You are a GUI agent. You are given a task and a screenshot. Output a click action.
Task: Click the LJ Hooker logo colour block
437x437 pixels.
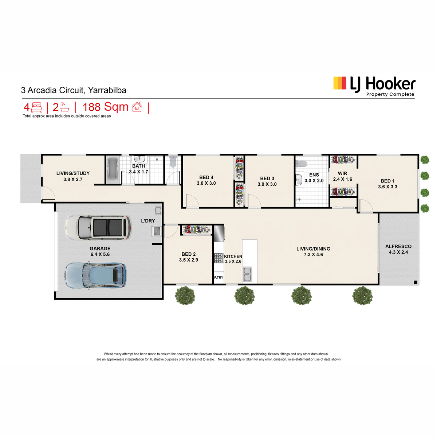click(339, 83)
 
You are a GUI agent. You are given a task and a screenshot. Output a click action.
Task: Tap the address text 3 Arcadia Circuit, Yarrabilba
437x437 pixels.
click(74, 90)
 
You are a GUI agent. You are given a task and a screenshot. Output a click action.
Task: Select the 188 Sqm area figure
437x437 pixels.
click(106, 107)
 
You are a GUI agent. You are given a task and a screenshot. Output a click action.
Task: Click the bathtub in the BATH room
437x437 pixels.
click(113, 170)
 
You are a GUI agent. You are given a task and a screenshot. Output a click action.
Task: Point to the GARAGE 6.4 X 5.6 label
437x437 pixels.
click(100, 252)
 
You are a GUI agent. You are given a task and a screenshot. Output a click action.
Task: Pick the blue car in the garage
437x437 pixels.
click(95, 275)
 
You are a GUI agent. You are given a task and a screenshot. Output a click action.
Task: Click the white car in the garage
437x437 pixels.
click(98, 227)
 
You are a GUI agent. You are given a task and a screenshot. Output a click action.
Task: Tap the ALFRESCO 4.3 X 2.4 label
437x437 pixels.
click(398, 249)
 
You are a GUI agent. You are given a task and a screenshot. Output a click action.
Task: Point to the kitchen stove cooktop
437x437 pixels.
click(219, 258)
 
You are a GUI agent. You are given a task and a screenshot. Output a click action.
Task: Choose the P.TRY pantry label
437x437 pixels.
click(219, 277)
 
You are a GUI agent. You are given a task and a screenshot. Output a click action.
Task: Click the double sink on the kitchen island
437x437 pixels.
click(247, 274)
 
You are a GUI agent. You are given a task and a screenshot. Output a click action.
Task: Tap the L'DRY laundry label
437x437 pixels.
click(148, 221)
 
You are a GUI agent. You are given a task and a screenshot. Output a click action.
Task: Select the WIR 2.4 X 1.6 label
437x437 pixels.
click(342, 176)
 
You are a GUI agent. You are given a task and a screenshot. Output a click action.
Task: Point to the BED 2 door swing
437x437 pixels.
click(171, 231)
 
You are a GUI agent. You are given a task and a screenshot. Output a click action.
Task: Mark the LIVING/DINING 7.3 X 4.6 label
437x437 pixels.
click(313, 252)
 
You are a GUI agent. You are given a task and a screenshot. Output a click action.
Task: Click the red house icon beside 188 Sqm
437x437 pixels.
click(137, 107)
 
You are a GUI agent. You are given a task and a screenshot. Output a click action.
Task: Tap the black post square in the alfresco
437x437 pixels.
click(416, 282)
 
